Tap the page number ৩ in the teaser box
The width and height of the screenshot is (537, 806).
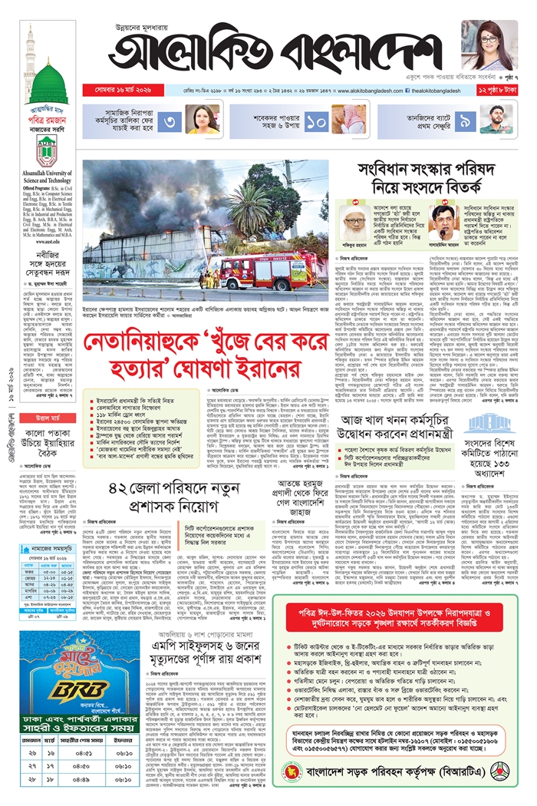170,121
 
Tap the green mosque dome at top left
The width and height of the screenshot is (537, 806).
48,78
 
